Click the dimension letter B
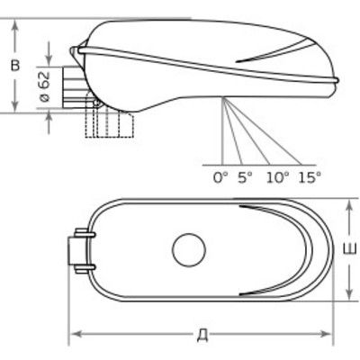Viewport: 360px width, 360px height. coord(15,66)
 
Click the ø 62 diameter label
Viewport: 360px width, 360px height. coord(45,87)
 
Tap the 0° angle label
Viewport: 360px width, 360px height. coord(220,178)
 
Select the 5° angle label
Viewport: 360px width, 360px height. coord(245,178)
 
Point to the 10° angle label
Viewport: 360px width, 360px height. coord(278,178)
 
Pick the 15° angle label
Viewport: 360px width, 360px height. coord(310,178)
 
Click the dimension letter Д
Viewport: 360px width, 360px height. coord(203,335)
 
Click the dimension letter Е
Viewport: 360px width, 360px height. coord(350,249)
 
